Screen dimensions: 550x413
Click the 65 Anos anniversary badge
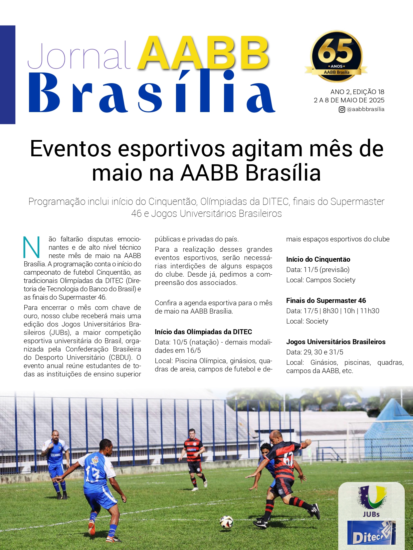coord(336,56)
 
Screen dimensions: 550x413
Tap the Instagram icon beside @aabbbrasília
coord(341,109)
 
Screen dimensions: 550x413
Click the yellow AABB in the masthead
coord(203,53)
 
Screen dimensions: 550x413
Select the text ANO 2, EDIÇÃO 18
coord(357,92)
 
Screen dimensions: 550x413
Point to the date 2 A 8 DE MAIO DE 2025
coord(349,100)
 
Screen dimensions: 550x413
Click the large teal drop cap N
coord(32,247)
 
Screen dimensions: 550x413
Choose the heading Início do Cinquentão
coord(318,259)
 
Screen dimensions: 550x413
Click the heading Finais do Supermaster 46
coord(326,301)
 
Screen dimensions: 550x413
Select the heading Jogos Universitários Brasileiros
coord(335,342)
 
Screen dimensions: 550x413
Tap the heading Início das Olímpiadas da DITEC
coord(203,332)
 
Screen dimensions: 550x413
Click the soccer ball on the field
coord(227,522)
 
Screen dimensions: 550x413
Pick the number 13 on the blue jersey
coord(92,474)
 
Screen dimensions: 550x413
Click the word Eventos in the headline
coord(70,149)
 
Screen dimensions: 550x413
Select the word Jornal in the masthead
coord(79,56)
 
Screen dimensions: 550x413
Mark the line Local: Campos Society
coord(320,280)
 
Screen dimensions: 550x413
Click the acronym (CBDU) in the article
coord(120,357)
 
